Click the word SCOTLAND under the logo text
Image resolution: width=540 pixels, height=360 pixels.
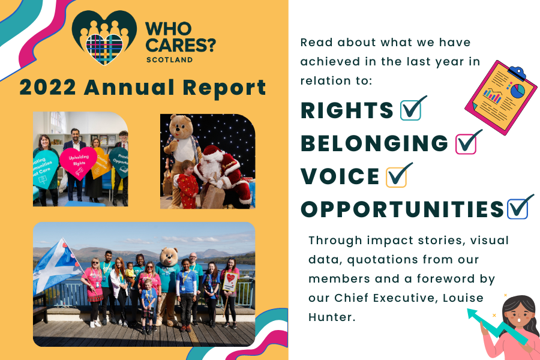(169, 59)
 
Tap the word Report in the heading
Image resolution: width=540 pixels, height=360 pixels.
(224, 88)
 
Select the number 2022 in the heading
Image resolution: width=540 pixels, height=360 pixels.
(47, 87)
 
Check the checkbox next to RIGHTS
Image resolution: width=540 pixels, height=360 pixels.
(411, 110)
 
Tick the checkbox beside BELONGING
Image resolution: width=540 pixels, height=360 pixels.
(466, 143)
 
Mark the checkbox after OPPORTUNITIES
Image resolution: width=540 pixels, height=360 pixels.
(518, 209)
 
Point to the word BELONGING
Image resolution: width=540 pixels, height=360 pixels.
(374, 143)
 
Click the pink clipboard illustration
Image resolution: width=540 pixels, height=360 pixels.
(501, 97)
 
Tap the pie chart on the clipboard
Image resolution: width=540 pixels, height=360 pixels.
(517, 91)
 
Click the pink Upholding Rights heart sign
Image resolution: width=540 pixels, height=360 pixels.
(78, 163)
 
